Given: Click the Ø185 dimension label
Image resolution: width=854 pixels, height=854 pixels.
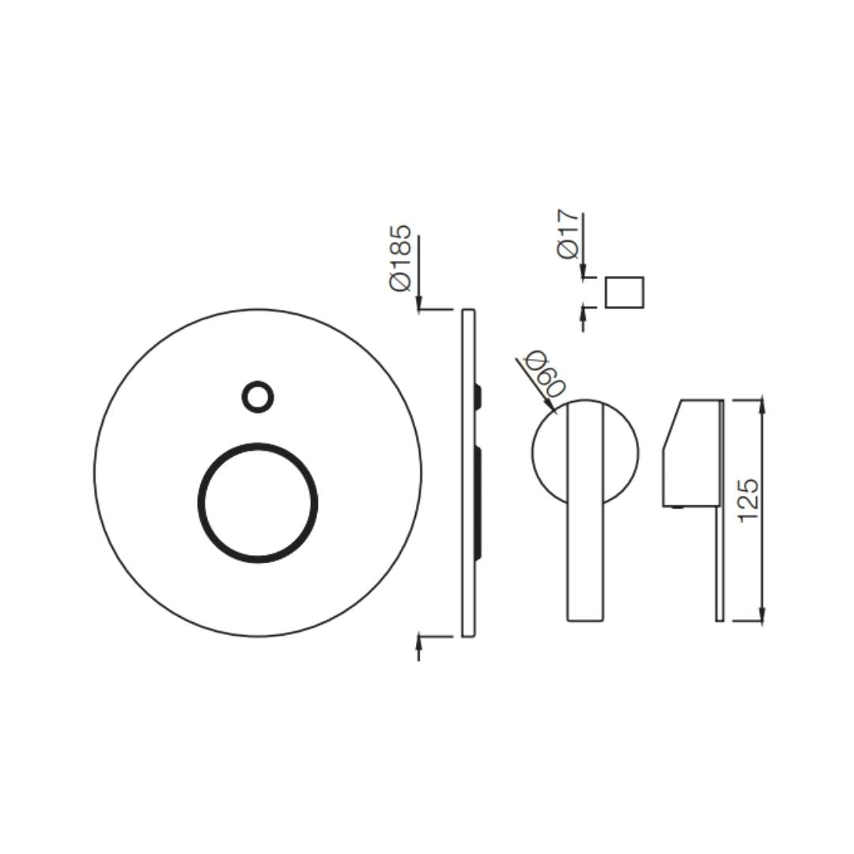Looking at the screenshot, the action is pos(401,258).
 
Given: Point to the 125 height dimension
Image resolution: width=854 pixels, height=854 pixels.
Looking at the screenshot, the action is pos(749,500).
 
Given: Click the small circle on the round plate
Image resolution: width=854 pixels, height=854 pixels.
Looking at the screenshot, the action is pos(258,396).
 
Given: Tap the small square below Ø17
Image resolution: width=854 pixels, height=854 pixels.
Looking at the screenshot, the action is pos(625,293).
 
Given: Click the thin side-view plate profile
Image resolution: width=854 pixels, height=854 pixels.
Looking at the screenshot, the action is pos(468,473).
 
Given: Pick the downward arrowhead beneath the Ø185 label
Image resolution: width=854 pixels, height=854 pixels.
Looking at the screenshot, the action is pos(419,303).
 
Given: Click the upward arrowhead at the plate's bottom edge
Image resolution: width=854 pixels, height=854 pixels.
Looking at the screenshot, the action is pos(419,641).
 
